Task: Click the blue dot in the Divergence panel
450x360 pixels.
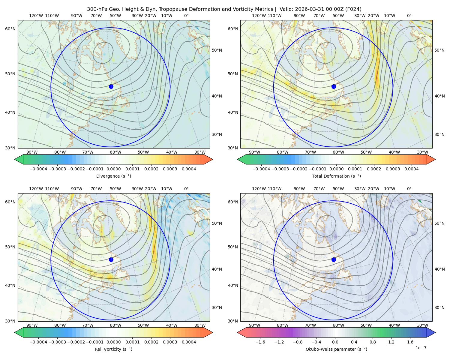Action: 111,87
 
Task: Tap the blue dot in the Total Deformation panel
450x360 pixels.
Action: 334,87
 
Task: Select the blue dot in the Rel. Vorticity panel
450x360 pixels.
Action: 111,259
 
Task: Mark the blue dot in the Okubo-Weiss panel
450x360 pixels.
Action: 334,259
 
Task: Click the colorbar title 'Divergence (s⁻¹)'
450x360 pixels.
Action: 113,176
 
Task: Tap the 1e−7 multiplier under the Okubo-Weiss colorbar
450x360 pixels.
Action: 421,348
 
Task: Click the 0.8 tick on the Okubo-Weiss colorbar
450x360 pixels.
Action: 373,342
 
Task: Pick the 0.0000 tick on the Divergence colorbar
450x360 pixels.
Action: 113,169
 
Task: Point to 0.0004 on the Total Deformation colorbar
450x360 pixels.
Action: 412,169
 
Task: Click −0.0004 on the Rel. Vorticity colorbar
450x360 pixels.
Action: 38,342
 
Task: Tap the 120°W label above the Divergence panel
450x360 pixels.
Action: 36,16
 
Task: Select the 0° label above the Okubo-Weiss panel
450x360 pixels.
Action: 409,189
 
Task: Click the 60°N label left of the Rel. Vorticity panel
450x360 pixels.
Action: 10,202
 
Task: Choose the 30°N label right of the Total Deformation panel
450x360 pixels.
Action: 439,134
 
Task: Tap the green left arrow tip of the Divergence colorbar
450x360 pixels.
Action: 15,159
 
